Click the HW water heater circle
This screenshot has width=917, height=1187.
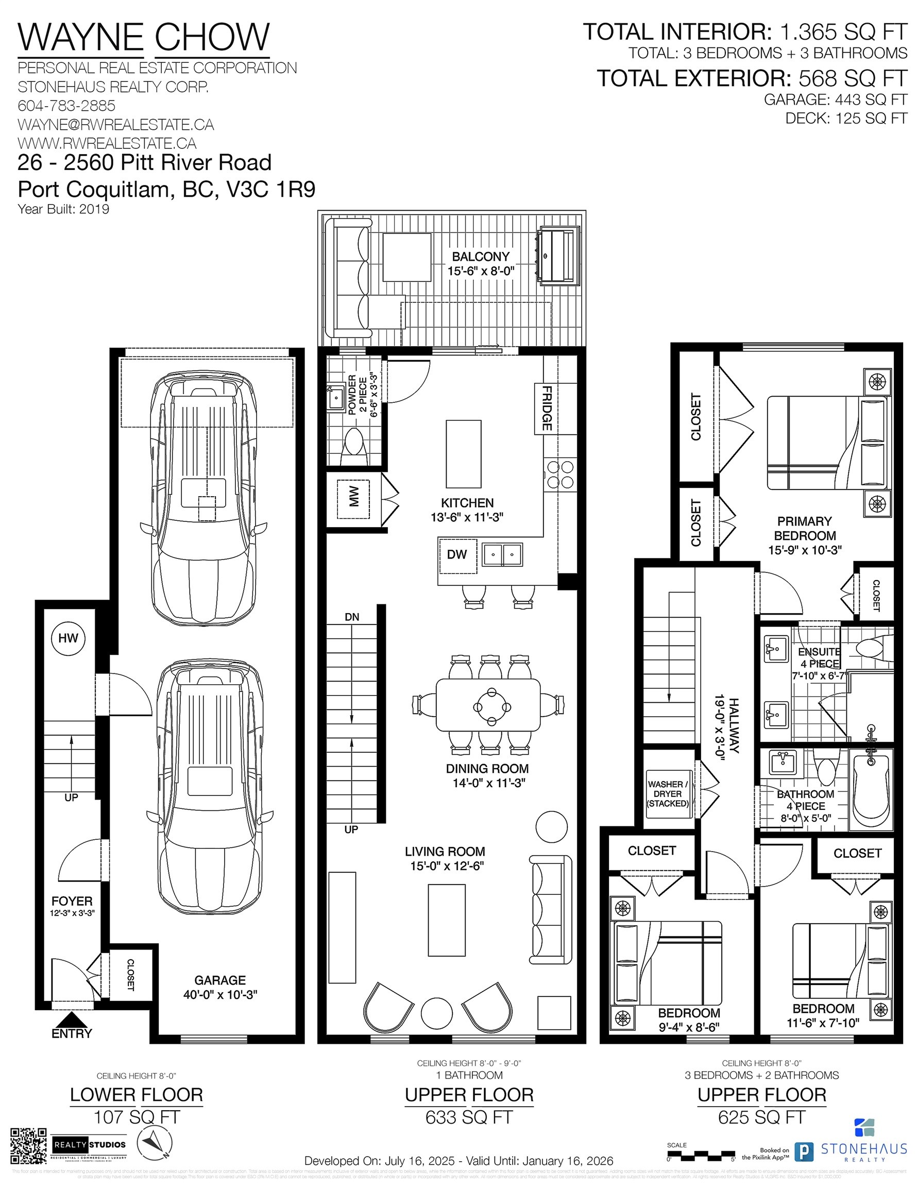pos(68,638)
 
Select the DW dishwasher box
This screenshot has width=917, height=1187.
pos(457,555)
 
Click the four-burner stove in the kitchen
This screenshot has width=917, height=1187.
pos(560,474)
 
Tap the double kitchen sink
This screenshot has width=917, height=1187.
pos(502,555)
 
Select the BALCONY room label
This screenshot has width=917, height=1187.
pos(481,257)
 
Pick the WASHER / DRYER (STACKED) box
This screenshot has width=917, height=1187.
pos(668,794)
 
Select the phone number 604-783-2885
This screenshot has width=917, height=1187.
pos(66,106)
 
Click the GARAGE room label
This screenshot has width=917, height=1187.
pos(219,980)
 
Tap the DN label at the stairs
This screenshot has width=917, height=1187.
pos(352,617)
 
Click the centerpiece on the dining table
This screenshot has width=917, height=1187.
pos(491,707)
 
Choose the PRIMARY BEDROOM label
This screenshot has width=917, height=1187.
pos(805,528)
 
